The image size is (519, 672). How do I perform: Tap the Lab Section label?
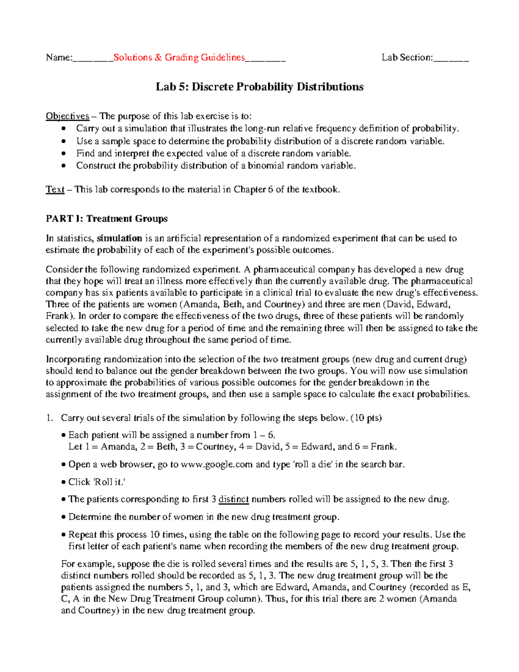(x=407, y=58)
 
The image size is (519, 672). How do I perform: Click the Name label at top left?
(x=59, y=58)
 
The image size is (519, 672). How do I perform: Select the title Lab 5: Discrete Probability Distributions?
(x=259, y=87)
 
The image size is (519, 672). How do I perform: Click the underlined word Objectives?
(x=67, y=116)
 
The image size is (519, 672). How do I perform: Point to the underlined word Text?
(x=55, y=190)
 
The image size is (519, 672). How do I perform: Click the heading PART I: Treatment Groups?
(x=106, y=219)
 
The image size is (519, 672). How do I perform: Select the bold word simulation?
(x=119, y=238)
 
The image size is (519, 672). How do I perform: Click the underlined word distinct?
(x=234, y=499)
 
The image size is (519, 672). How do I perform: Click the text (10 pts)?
(x=366, y=418)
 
